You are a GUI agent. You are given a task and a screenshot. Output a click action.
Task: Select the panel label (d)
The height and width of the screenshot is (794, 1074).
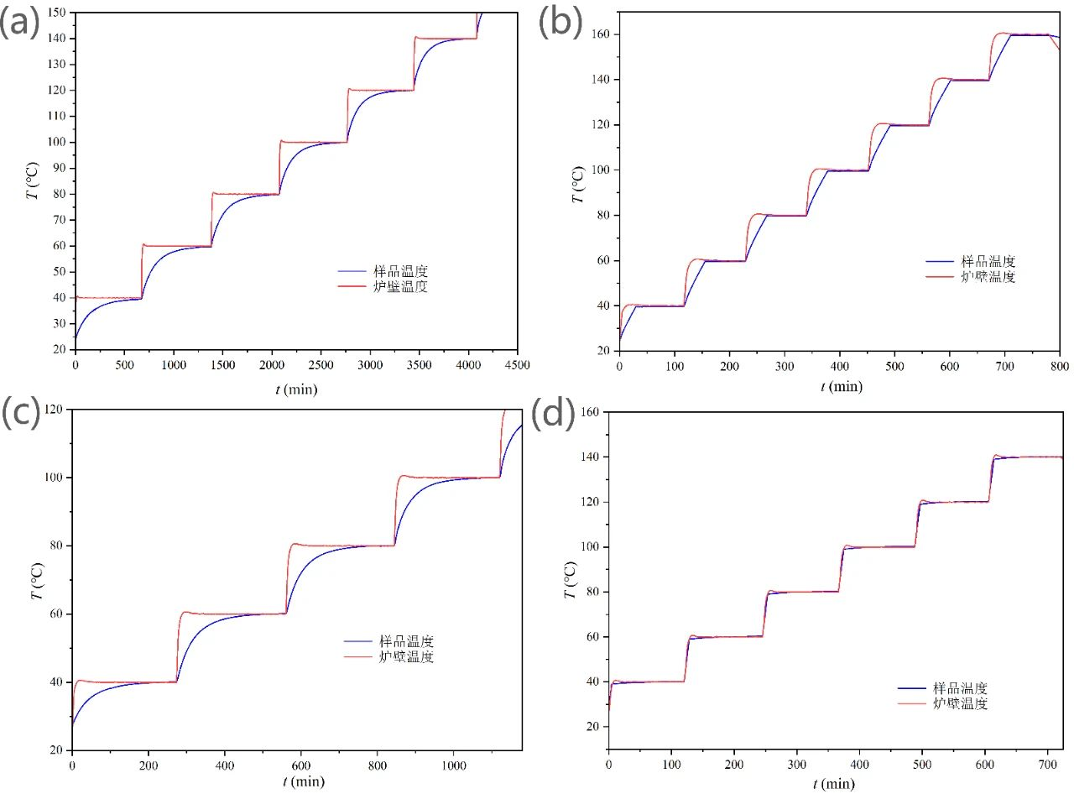coord(554,414)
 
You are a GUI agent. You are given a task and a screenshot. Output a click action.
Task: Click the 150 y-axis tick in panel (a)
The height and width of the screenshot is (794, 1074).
coord(58,13)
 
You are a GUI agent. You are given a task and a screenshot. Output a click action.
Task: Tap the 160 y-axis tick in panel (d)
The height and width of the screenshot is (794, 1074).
coord(591,412)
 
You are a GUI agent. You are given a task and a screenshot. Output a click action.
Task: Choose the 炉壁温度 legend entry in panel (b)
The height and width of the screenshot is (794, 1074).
coord(986,276)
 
